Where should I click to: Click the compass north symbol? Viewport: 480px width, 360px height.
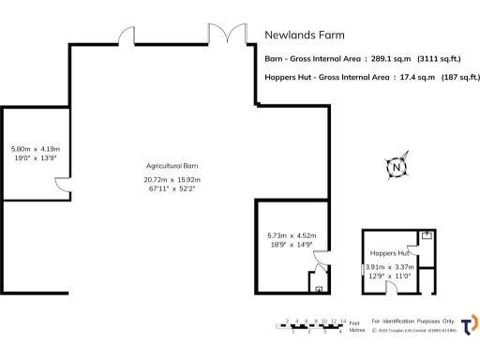tap(397, 167)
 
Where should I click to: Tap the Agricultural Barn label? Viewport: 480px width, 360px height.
tap(171, 166)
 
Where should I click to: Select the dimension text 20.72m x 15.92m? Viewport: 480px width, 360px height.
tap(172, 179)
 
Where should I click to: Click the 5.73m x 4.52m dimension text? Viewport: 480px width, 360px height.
tap(292, 235)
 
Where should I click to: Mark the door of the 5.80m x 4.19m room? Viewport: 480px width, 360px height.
tap(61, 190)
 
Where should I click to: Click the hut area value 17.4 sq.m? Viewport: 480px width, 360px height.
tap(414, 79)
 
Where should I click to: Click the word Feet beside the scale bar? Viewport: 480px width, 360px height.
tap(355, 321)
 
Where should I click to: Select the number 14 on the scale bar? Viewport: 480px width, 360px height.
tap(343, 321)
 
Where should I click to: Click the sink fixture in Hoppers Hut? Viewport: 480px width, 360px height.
tap(426, 236)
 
